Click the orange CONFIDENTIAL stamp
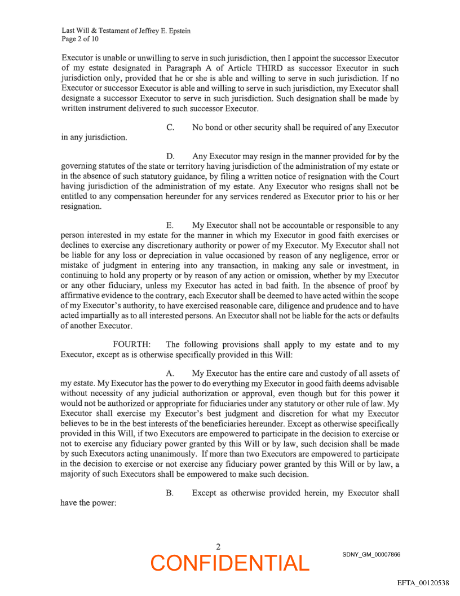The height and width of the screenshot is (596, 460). tap(230, 563)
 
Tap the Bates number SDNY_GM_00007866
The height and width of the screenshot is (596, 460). tap(371, 555)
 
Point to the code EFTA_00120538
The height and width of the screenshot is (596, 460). tap(423, 582)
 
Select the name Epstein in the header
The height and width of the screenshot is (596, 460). tap(175, 31)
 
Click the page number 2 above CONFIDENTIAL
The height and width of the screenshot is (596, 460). tap(218, 546)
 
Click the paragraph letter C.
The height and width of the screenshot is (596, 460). tap(170, 128)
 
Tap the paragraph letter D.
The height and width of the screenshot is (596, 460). tap(170, 156)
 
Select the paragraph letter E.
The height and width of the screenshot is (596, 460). tap(170, 226)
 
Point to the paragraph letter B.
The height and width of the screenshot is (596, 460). tap(170, 493)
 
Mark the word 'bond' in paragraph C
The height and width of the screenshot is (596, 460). tap(218, 128)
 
